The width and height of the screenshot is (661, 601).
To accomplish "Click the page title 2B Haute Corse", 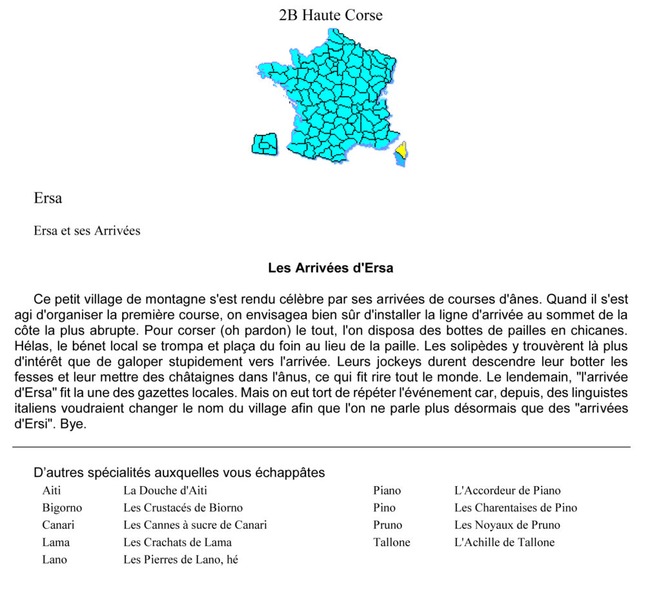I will (330, 15).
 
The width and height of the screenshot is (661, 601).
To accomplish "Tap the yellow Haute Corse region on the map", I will (401, 150).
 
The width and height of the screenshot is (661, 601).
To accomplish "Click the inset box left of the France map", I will (264, 144).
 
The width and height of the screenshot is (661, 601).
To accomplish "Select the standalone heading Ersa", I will (48, 198).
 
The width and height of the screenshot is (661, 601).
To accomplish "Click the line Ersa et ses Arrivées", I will (86, 230).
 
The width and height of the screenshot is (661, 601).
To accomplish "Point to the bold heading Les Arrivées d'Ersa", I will (330, 268).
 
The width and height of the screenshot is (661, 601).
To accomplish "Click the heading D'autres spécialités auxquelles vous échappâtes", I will (179, 473).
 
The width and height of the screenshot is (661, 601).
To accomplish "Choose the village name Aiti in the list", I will (52, 491).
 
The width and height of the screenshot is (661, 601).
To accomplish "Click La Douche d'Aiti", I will (165, 491).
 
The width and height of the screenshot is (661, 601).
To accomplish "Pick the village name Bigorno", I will (62, 508).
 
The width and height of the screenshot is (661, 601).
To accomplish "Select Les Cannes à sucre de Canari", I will (195, 525).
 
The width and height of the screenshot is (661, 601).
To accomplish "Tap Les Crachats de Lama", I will (178, 542).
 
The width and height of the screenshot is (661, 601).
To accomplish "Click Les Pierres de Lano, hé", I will (181, 560).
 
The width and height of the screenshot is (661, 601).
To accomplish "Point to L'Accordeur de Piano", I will (507, 491).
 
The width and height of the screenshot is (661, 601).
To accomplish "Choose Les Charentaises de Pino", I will (516, 508).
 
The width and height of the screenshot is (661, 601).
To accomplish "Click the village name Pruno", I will (387, 525).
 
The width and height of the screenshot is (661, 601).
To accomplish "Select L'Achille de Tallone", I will (504, 542).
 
